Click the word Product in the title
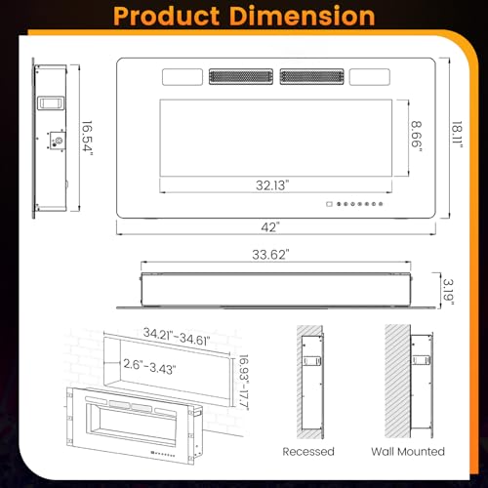tap(166, 17)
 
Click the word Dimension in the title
tap(304, 16)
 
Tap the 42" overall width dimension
tap(270, 227)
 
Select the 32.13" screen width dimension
tap(272, 185)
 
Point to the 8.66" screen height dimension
tap(417, 138)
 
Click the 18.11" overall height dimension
tap(457, 135)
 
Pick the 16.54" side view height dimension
tap(87, 138)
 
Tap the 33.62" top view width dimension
tap(270, 255)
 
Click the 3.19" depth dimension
tap(448, 292)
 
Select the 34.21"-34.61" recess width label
tap(177, 337)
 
